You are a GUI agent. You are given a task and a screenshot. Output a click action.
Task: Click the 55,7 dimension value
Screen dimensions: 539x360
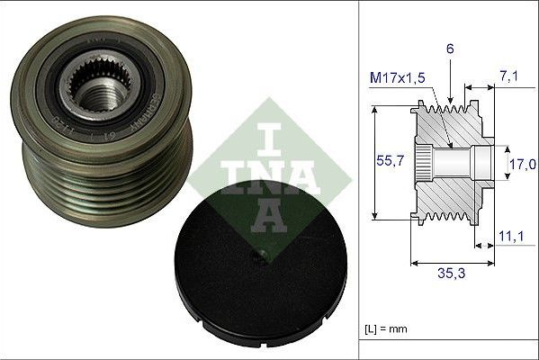click(x=390, y=160)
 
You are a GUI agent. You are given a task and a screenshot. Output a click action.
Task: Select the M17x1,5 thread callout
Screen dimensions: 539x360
click(x=398, y=77)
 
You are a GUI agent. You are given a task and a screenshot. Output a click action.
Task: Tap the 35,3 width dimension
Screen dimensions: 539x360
click(x=452, y=273)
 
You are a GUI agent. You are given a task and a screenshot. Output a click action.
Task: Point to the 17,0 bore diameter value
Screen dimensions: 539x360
click(x=522, y=165)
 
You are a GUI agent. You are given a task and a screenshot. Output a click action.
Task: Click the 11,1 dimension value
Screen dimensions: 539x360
click(x=511, y=236)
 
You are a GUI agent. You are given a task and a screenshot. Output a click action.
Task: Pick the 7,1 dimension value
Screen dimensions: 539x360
click(x=508, y=76)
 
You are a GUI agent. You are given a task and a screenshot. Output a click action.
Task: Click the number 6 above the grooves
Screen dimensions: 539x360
click(x=450, y=49)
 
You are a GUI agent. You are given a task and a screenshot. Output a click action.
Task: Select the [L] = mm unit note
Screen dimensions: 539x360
click(x=386, y=329)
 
